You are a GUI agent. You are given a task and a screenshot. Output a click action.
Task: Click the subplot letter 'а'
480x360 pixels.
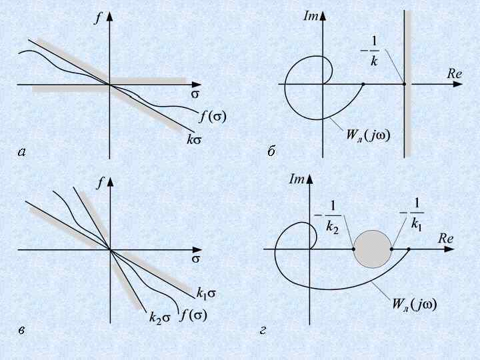point(22,153)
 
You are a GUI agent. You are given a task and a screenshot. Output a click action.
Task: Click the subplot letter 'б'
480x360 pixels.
point(271,153)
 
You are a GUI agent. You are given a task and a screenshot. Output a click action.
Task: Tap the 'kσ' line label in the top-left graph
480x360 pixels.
point(194,141)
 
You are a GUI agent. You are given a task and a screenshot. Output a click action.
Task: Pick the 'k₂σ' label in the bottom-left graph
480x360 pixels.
point(160,318)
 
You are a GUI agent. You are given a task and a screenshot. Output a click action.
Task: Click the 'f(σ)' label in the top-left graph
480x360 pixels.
point(213,117)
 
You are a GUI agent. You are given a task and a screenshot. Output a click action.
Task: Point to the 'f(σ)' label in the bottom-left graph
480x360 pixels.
point(194,314)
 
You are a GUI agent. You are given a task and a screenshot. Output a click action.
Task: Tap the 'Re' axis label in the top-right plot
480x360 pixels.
point(454,74)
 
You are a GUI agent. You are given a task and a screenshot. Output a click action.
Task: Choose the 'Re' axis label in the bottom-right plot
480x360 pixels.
point(446,238)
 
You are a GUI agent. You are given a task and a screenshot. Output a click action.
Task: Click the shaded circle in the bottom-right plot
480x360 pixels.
point(372,249)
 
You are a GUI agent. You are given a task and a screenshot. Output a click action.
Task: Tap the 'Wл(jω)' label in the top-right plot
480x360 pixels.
point(368,134)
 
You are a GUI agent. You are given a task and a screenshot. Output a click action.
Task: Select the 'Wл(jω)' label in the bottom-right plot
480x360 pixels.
point(414,305)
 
